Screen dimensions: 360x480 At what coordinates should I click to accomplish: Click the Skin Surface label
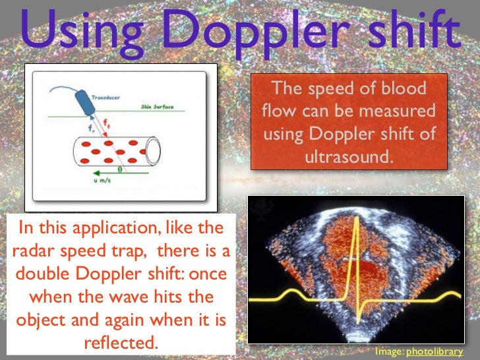[x=157, y=107]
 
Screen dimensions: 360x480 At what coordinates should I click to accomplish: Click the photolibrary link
[x=435, y=352]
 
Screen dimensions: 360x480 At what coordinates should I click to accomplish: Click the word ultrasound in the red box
[x=349, y=159]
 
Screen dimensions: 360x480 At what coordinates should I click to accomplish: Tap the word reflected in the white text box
[x=121, y=344]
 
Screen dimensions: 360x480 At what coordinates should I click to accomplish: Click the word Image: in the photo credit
[x=389, y=352]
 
